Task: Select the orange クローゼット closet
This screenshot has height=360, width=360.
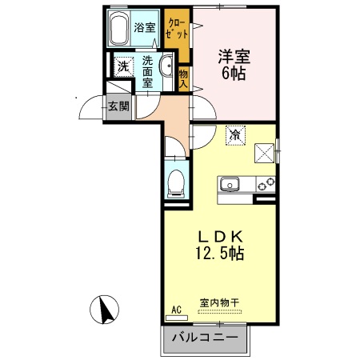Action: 177,30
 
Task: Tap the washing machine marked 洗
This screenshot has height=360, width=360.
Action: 122,66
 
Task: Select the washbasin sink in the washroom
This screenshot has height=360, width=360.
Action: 169,70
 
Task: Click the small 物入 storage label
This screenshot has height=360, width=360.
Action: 183,78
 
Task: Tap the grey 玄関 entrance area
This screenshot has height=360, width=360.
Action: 119,106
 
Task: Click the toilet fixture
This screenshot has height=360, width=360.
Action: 176,182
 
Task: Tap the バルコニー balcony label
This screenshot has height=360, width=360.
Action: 205,338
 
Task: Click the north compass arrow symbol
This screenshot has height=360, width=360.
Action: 106,308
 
